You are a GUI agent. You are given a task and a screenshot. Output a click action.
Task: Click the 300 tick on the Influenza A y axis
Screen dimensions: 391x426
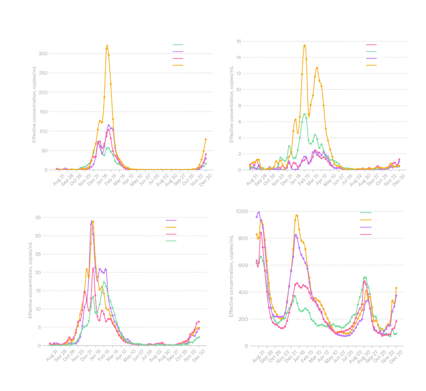tap(43, 53)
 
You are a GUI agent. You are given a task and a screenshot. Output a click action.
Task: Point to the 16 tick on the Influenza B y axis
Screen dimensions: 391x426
tap(239, 41)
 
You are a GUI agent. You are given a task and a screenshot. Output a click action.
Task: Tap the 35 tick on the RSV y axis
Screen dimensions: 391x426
tap(38, 217)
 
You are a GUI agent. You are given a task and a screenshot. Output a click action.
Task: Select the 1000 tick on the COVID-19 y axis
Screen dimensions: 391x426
tap(241, 211)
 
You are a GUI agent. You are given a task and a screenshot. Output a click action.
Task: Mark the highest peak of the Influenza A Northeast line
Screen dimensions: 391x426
tap(107, 46)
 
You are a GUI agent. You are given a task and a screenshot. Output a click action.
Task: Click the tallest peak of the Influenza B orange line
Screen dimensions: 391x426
tap(304, 46)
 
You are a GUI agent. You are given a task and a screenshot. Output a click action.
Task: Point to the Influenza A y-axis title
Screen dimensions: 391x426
tap(34, 104)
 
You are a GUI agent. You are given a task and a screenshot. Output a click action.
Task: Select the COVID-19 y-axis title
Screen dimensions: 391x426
tap(231, 275)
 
